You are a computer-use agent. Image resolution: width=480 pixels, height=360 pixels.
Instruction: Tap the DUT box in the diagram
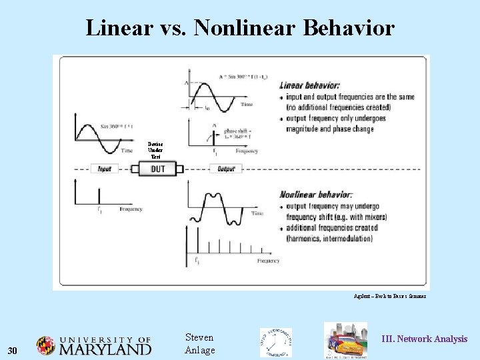coord(158,169)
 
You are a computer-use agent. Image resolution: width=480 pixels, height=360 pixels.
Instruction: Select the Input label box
coord(105,169)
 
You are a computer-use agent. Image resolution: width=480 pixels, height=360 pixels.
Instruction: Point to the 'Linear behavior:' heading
coord(309,85)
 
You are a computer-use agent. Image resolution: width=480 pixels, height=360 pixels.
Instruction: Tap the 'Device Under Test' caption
coord(155,151)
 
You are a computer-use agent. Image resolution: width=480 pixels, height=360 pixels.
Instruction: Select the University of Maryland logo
coord(94,346)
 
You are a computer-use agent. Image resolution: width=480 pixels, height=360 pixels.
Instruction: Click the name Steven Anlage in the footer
coord(199,343)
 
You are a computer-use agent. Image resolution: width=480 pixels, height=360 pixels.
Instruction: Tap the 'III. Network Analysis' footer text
coord(424,339)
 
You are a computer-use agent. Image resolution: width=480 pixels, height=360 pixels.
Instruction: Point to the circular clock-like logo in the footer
coord(275,343)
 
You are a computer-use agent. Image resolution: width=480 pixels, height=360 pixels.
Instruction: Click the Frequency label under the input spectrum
coord(131,209)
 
